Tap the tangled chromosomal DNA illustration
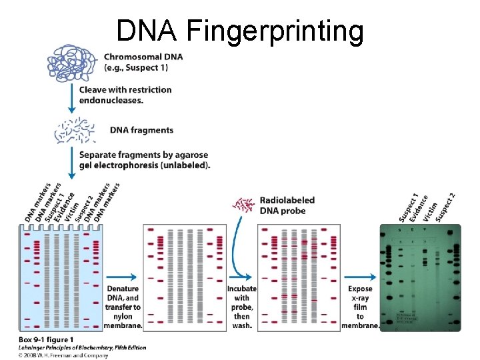72,65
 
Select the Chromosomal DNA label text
143,62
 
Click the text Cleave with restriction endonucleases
125,95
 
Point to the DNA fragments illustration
75,131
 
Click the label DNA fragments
141,130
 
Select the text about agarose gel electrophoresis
144,160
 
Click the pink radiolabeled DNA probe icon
243,205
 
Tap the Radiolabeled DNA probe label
287,205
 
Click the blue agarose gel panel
61,277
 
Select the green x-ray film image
419,277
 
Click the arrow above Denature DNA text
122,276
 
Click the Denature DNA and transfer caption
123,307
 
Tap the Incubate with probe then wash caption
241,307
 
